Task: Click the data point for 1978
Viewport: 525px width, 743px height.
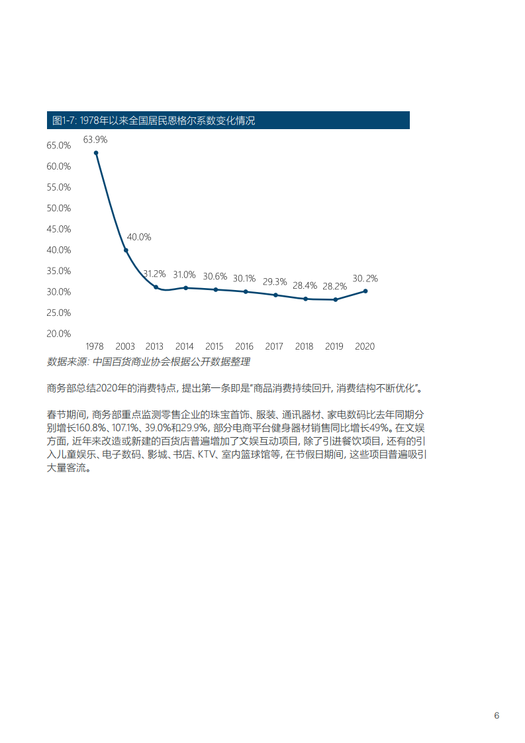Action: pos(96,153)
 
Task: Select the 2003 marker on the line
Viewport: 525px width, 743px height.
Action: pos(126,250)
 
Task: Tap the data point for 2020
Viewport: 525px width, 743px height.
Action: pos(365,291)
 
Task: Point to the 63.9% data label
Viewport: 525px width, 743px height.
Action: pos(95,140)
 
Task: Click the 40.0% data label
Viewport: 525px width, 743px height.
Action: pos(139,236)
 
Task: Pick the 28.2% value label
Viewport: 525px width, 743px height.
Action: pos(334,286)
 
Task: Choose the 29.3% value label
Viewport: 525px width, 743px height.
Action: pos(275,281)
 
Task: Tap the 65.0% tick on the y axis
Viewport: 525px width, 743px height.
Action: pos(59,145)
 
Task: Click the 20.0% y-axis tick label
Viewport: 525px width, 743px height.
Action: pos(59,334)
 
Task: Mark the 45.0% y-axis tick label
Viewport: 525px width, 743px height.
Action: pos(59,229)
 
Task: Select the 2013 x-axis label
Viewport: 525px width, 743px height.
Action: pos(154,346)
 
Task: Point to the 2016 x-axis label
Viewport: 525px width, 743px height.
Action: pos(244,346)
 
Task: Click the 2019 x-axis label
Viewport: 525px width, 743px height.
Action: pos(334,346)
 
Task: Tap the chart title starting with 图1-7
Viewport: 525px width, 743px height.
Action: pos(154,121)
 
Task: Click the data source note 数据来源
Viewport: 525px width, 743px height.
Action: pos(148,362)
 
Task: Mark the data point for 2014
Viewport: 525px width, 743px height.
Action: pos(186,287)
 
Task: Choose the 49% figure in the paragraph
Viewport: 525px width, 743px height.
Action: pos(382,427)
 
